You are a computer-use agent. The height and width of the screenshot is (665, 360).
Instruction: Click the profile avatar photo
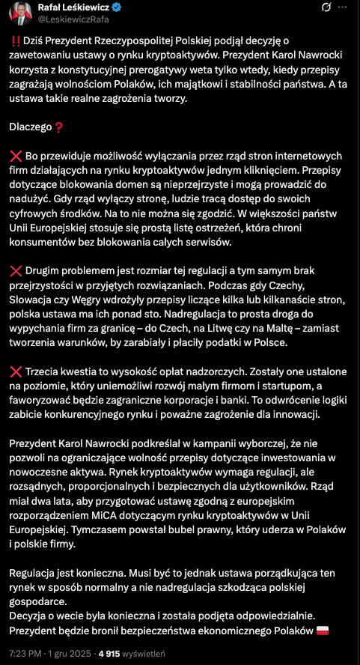(17, 14)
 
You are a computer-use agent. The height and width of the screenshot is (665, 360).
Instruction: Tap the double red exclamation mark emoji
(16, 42)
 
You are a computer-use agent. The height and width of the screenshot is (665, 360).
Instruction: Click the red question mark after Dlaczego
(60, 127)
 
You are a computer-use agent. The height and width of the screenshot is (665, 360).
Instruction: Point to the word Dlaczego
(32, 127)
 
